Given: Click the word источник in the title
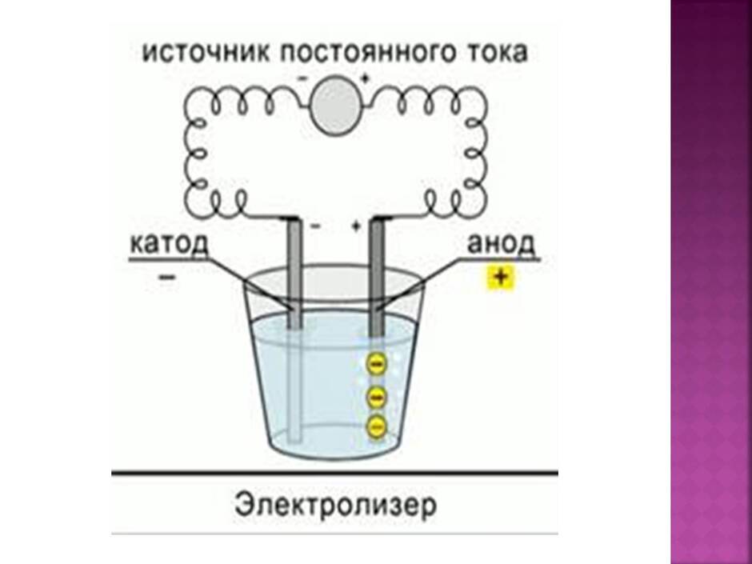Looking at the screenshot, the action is (207, 52).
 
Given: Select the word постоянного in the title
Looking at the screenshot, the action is (367, 54).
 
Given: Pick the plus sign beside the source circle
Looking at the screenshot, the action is (365, 78).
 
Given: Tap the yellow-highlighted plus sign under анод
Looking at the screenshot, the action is (500, 278).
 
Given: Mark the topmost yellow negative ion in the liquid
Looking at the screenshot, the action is (377, 364).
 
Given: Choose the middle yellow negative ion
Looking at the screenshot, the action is (377, 396).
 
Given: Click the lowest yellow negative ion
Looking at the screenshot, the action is (377, 426).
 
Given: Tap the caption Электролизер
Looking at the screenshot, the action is (336, 505).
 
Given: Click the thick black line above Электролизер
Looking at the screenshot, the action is (334, 474).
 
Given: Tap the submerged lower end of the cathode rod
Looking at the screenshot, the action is (294, 439).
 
